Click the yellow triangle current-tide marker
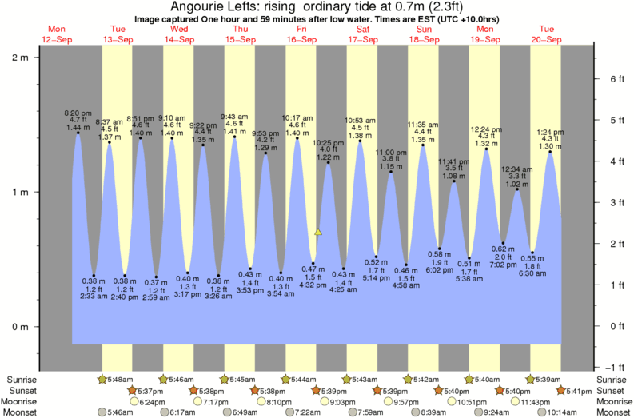(x=317, y=232)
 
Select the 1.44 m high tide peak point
(x=78, y=133)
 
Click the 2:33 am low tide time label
(x=94, y=296)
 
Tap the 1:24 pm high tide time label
(x=550, y=131)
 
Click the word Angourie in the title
(x=191, y=7)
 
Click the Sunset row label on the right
(x=613, y=390)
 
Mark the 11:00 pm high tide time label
(x=391, y=152)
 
